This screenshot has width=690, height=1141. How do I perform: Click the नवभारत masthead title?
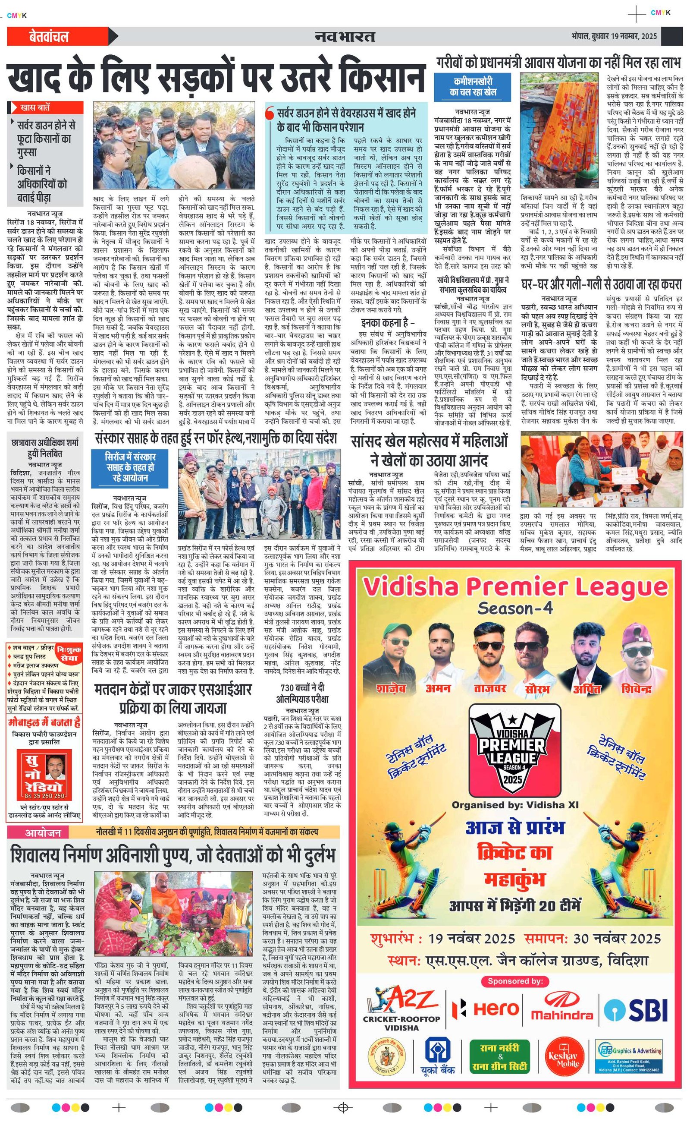click(345, 36)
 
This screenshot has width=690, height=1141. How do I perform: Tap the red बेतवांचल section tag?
click(49, 37)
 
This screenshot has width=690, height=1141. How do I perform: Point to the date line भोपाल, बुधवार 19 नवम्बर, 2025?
click(614, 36)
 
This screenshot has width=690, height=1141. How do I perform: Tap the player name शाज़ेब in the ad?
click(391, 688)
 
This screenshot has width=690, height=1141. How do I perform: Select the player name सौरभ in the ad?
click(537, 689)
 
